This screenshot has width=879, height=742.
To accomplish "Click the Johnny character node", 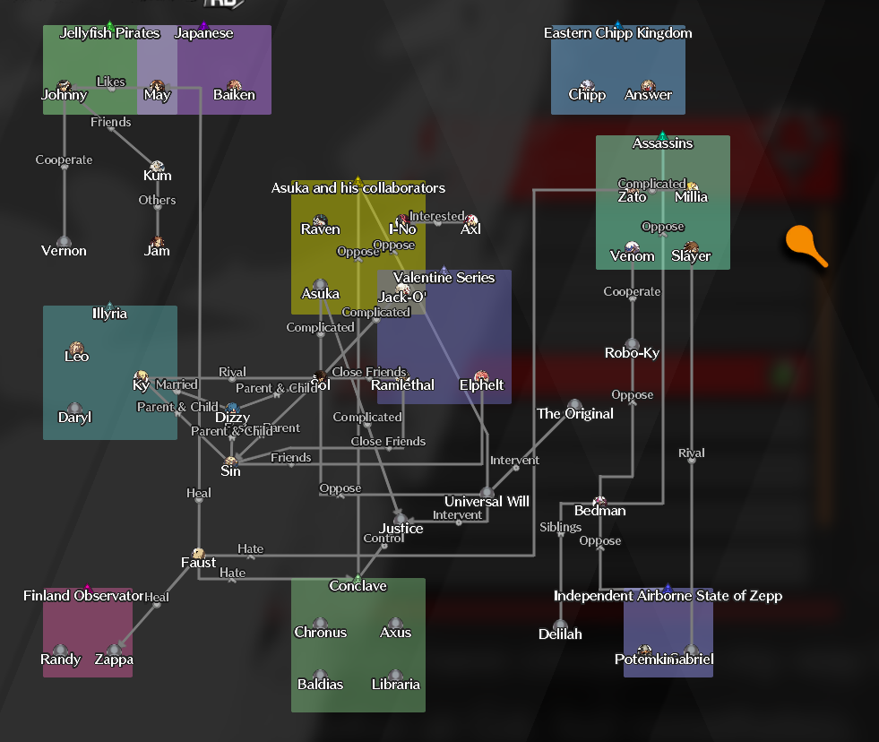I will pos(64,87).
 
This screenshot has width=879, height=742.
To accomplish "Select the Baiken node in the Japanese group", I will pos(234,87).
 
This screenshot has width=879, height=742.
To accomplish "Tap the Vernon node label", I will pos(64,251).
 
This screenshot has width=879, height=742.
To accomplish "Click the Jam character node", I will pos(157,243).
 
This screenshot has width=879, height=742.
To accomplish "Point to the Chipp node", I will pos(587,87).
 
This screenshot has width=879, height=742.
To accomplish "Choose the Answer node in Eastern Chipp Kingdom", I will pos(648,87).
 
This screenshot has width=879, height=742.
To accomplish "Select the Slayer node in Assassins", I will pos(691,248).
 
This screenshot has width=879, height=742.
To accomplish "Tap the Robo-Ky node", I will pos(632,346).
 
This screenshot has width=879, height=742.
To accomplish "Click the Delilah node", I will pos(560,626).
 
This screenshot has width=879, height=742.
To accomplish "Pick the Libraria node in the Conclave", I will pos(395,677).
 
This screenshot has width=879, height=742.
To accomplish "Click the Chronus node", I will pos(320,625).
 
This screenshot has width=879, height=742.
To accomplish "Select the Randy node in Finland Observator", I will pos(60,651).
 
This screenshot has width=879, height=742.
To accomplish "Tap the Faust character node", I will pos(198,555).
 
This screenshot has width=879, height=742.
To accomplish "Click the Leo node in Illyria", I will pos(76,349).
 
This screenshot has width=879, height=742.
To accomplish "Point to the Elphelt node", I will pos(481,377).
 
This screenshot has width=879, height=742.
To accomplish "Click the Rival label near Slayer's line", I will pos(691,453).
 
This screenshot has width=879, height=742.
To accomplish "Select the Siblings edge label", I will pos(560,527).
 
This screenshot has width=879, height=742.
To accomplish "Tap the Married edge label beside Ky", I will pos(177,384).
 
